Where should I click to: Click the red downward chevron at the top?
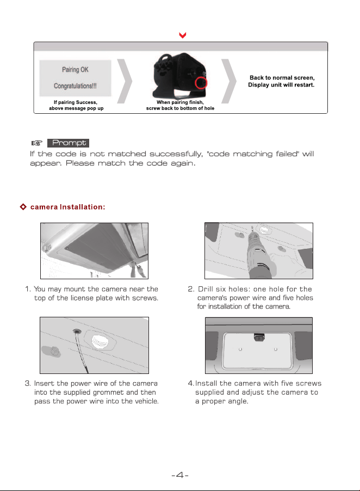(183, 35)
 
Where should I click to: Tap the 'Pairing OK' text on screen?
(75, 70)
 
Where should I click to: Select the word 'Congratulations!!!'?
(75, 86)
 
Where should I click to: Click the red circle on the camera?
(201, 83)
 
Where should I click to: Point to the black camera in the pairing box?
(180, 76)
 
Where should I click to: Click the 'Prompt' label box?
(68, 143)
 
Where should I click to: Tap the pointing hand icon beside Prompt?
(36, 143)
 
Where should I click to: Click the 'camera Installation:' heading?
(67, 207)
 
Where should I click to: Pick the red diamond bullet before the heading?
(23, 207)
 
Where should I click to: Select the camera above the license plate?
(259, 337)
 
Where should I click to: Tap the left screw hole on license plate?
(240, 349)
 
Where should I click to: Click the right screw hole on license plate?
(276, 349)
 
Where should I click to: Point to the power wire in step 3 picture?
(80, 351)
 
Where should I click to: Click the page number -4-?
(180, 475)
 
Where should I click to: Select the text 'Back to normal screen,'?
(282, 78)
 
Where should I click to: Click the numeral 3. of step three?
(28, 383)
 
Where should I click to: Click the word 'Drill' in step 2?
(205, 289)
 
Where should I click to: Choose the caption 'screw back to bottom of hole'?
(180, 108)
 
